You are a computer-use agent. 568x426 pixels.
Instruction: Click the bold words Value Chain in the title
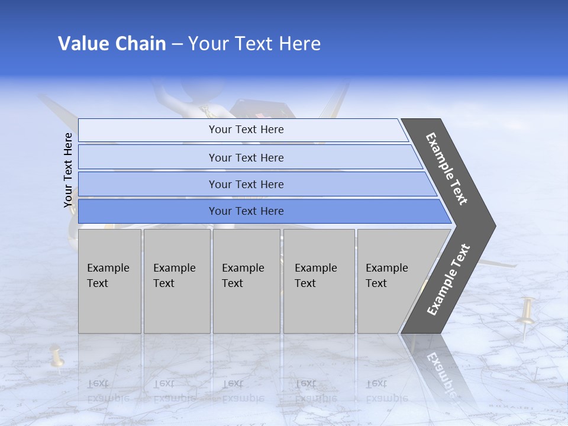[x=112, y=44]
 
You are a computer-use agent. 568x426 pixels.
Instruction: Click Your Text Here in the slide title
[x=254, y=44]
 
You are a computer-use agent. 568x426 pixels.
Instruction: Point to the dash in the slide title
[x=176, y=44]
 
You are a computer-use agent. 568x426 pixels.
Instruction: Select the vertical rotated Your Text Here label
[x=69, y=170]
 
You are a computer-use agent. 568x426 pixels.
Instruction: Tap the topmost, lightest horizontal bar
[x=246, y=130]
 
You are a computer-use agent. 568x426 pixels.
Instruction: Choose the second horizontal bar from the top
[x=246, y=157]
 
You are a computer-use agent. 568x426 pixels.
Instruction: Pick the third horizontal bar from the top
[x=246, y=184]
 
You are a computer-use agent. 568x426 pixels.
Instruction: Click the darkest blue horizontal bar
[x=246, y=211]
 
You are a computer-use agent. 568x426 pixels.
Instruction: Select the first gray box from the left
[x=109, y=281]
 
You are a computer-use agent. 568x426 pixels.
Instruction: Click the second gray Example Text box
[x=176, y=281]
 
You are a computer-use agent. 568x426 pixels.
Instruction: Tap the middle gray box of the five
[x=246, y=281]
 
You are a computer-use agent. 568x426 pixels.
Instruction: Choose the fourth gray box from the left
[x=318, y=281]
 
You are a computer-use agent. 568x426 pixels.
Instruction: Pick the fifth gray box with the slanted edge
[x=390, y=281]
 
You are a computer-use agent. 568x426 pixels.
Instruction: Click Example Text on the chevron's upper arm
[x=447, y=169]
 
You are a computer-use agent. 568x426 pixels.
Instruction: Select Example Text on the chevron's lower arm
[x=448, y=279]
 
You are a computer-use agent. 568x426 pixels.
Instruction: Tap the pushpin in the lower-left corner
[x=56, y=355]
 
